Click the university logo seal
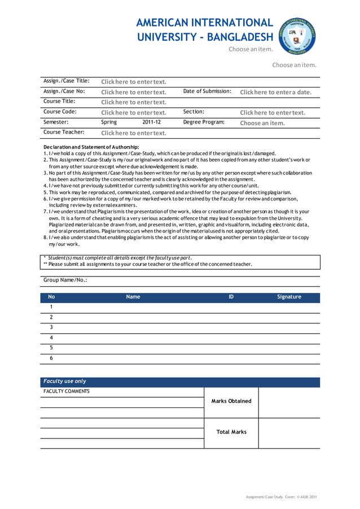[x=297, y=35]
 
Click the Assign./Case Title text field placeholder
[x=134, y=82]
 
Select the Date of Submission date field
[x=275, y=92]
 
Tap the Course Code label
[x=60, y=112]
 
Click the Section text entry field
[x=273, y=113]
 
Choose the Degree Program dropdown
[x=262, y=123]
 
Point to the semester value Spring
[x=109, y=122]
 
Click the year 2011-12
[x=151, y=122]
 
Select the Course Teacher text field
[x=134, y=133]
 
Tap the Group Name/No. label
[x=65, y=280]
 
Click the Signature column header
[x=289, y=297]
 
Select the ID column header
[x=231, y=297]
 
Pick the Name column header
[x=133, y=297]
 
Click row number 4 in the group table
[x=51, y=337]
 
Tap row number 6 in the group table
[x=51, y=358]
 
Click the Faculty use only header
[x=65, y=381]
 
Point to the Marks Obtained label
[x=231, y=401]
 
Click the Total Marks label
[x=231, y=432]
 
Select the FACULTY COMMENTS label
[x=67, y=391]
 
